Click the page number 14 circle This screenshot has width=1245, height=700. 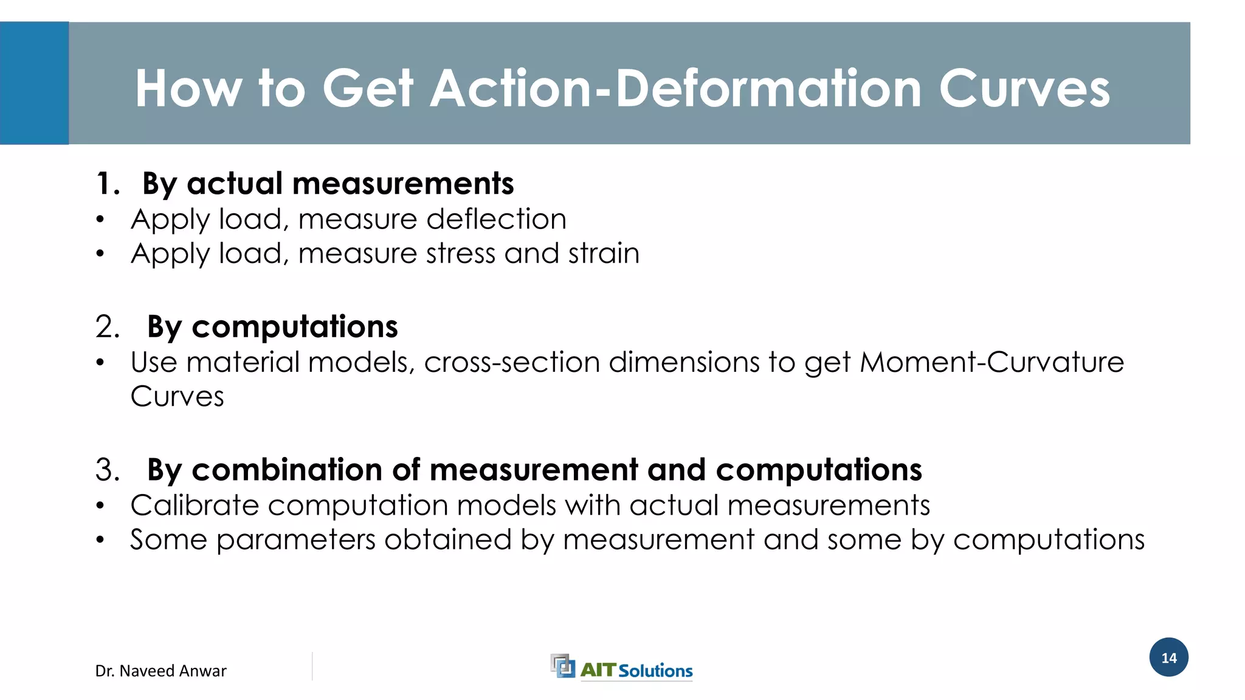coord(1168,657)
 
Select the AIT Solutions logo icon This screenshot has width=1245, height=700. coord(562,665)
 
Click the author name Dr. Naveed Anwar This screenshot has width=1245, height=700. coord(160,671)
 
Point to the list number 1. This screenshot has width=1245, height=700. coord(108,184)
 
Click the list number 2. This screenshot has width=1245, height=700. coord(108,327)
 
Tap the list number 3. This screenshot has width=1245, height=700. coord(108,470)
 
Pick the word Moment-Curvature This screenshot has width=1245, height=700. coord(992,362)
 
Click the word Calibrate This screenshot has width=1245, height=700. coord(195,506)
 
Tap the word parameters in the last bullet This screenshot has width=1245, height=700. coord(295,540)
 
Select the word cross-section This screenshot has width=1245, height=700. coord(512,362)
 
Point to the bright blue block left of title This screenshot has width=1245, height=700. coord(34,83)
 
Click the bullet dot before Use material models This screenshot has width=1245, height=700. coord(100,363)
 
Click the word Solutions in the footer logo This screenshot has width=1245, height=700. coord(655,671)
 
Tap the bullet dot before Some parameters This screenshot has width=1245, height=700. coord(100,540)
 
